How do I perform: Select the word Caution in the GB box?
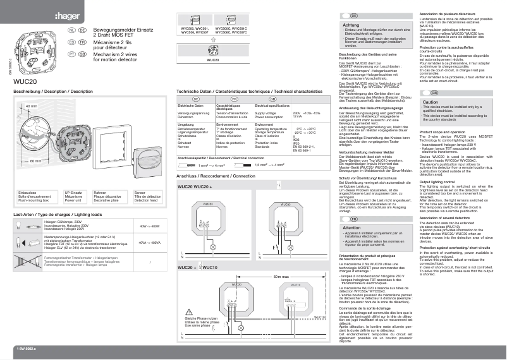431,102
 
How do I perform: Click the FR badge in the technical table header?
233,99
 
